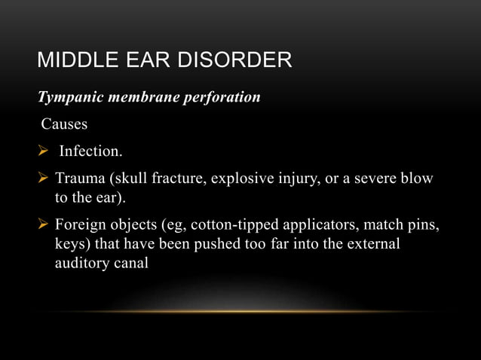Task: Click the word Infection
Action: pyautogui.click(x=90, y=151)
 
